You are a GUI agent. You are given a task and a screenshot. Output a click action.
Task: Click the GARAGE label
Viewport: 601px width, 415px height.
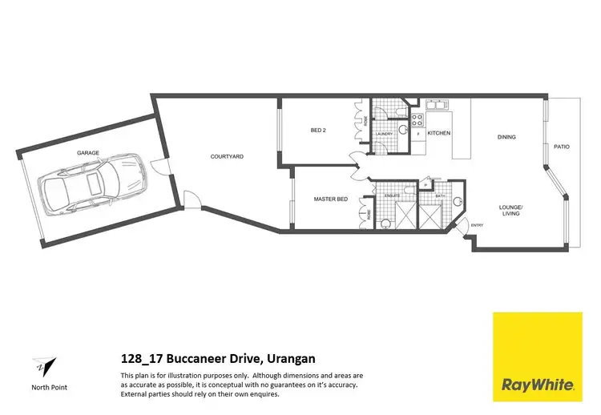(x=88, y=152)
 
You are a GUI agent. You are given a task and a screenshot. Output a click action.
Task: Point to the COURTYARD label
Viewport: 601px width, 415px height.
(x=227, y=156)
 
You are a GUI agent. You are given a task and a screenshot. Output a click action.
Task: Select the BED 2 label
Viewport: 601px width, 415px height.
(x=318, y=131)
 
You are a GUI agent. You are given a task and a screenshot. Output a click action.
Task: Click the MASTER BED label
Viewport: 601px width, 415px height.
(x=330, y=199)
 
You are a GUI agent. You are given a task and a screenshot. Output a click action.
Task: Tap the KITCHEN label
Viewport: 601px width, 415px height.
(x=438, y=132)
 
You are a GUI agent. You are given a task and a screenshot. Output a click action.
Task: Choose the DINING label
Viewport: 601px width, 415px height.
(x=506, y=137)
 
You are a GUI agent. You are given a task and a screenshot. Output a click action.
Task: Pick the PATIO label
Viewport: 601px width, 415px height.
(x=562, y=147)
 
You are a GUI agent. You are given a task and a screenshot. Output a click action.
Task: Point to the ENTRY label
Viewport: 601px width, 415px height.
(x=478, y=224)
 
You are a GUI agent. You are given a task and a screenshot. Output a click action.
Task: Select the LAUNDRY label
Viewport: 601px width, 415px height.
(x=384, y=134)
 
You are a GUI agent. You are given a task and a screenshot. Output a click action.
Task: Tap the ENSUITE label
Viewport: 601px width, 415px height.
(x=393, y=195)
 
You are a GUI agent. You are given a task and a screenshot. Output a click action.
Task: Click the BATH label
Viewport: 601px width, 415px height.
(x=440, y=195)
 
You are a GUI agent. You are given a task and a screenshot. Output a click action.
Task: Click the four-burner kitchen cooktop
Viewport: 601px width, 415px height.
(x=416, y=121)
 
